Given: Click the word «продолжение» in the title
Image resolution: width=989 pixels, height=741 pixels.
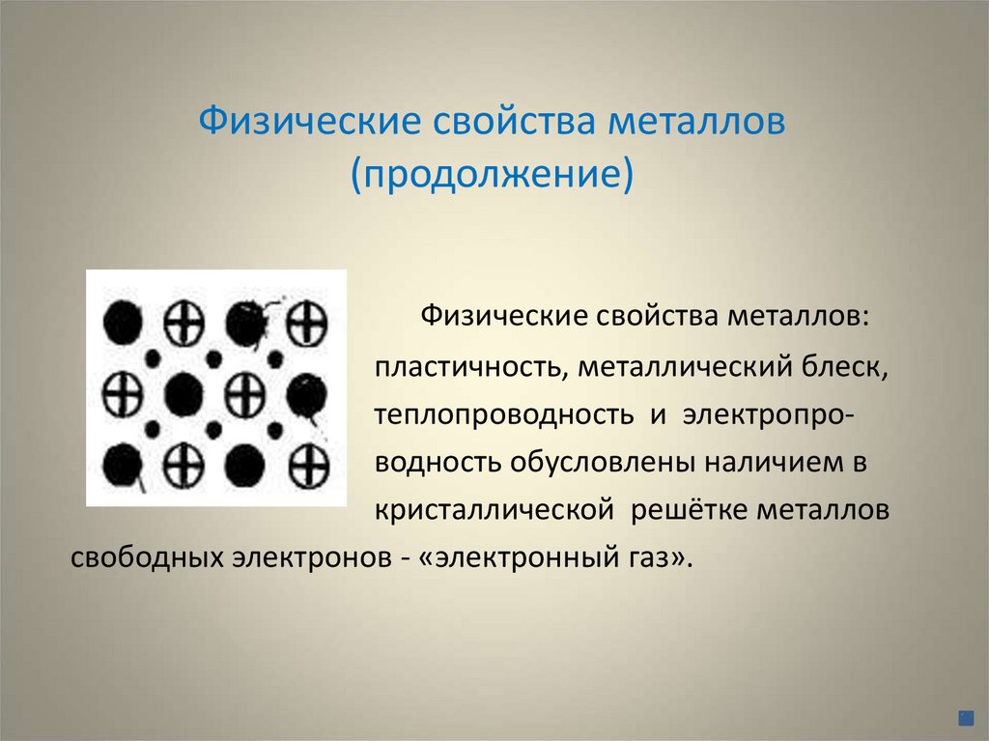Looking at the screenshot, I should point(494,178).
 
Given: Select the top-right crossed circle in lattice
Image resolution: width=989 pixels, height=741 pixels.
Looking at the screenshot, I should point(308,321).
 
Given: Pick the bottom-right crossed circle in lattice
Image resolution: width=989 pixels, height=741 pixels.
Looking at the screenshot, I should point(309,467).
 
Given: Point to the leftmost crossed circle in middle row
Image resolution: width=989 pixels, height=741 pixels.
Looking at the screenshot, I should point(123,394).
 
